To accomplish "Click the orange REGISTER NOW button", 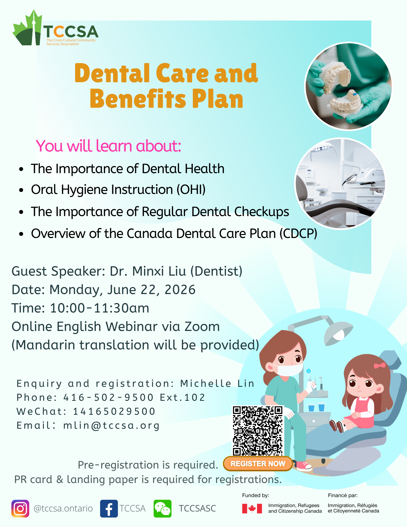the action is click(258, 464).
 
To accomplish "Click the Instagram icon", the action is click(20, 509).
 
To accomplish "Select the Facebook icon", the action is click(109, 509).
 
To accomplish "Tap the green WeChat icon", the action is click(163, 509).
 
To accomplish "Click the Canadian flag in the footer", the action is click(252, 509).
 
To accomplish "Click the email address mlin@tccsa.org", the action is click(111, 426).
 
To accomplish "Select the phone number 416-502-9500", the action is click(109, 397).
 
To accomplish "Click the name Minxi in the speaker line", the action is click(148, 271).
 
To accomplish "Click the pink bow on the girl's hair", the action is click(380, 365).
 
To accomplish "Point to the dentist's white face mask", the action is click(289, 369).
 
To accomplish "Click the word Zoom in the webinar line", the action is click(202, 326).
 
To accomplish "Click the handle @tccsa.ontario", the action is click(63, 509).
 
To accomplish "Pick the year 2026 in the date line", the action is click(180, 290).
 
